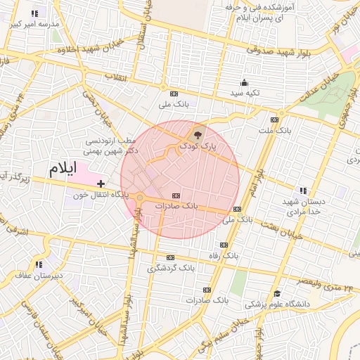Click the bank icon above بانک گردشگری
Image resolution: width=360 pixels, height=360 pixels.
click(171, 257)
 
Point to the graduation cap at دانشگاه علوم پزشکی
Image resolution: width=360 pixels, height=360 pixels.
click(278, 294)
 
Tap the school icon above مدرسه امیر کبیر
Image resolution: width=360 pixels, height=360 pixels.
click(35, 13)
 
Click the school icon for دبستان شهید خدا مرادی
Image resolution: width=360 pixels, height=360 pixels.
click(303, 190)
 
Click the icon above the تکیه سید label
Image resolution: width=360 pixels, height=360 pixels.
click(244, 82)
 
